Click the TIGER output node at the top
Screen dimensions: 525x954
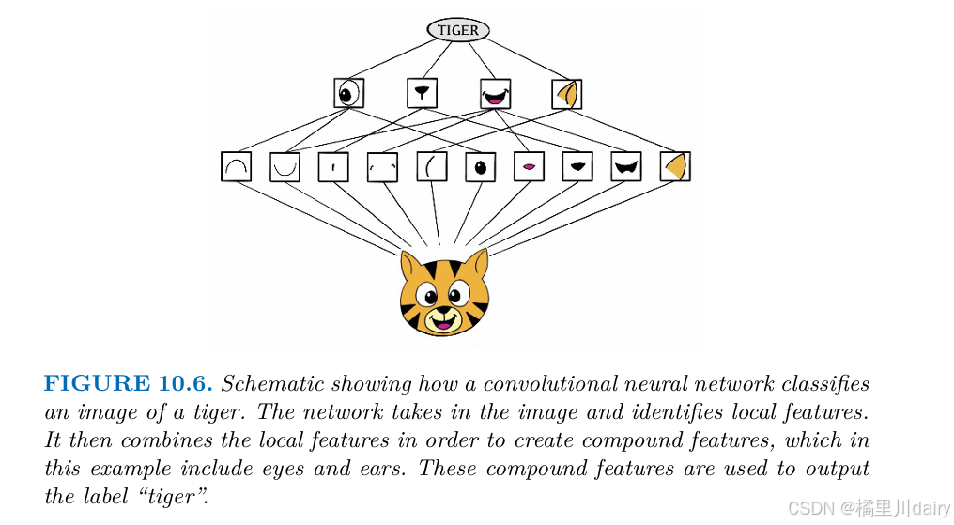tap(458, 30)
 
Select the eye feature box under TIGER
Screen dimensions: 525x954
tap(348, 93)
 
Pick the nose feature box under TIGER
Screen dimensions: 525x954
tap(422, 93)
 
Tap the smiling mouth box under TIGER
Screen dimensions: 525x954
tap(495, 93)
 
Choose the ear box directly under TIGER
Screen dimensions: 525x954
tap(567, 93)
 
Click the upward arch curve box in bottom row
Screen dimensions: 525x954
tap(236, 167)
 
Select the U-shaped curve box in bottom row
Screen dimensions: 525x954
tap(285, 167)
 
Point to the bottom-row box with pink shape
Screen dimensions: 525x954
tap(529, 167)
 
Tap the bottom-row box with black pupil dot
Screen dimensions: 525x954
tap(480, 167)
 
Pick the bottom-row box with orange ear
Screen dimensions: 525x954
tap(674, 167)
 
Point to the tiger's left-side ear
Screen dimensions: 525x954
tap(410, 265)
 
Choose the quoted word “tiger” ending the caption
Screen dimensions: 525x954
tap(173, 497)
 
